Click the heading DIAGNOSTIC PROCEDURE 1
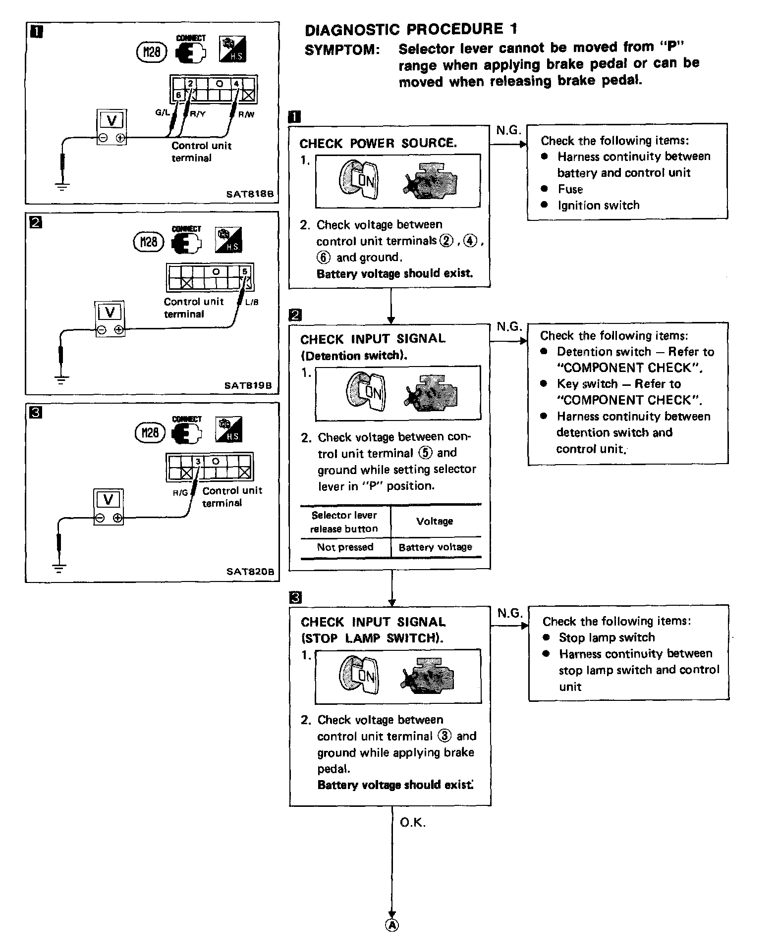tap(411, 30)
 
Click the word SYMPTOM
tap(342, 50)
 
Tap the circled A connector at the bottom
tap(391, 925)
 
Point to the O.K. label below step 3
tap(412, 823)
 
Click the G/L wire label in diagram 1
tap(163, 112)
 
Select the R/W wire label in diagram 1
tap(246, 114)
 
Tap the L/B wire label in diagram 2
tap(252, 302)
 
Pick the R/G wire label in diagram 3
tap(180, 493)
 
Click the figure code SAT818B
tap(250, 194)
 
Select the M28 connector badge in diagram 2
tap(149, 242)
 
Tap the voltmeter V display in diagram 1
tap(111, 121)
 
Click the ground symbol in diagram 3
tap(59, 568)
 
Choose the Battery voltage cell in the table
tap(435, 547)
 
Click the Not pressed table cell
tap(345, 547)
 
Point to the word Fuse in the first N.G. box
tap(570, 189)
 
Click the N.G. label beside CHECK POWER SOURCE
tap(508, 130)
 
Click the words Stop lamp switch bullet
tap(607, 637)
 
